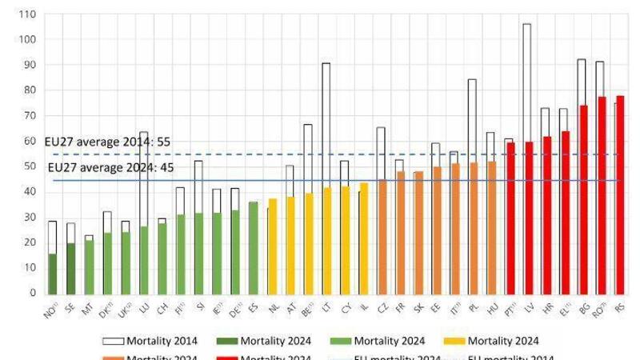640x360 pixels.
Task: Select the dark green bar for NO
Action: coord(53,274)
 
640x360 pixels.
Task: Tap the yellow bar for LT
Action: coord(326,240)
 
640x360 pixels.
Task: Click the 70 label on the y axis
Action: coord(29,116)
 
